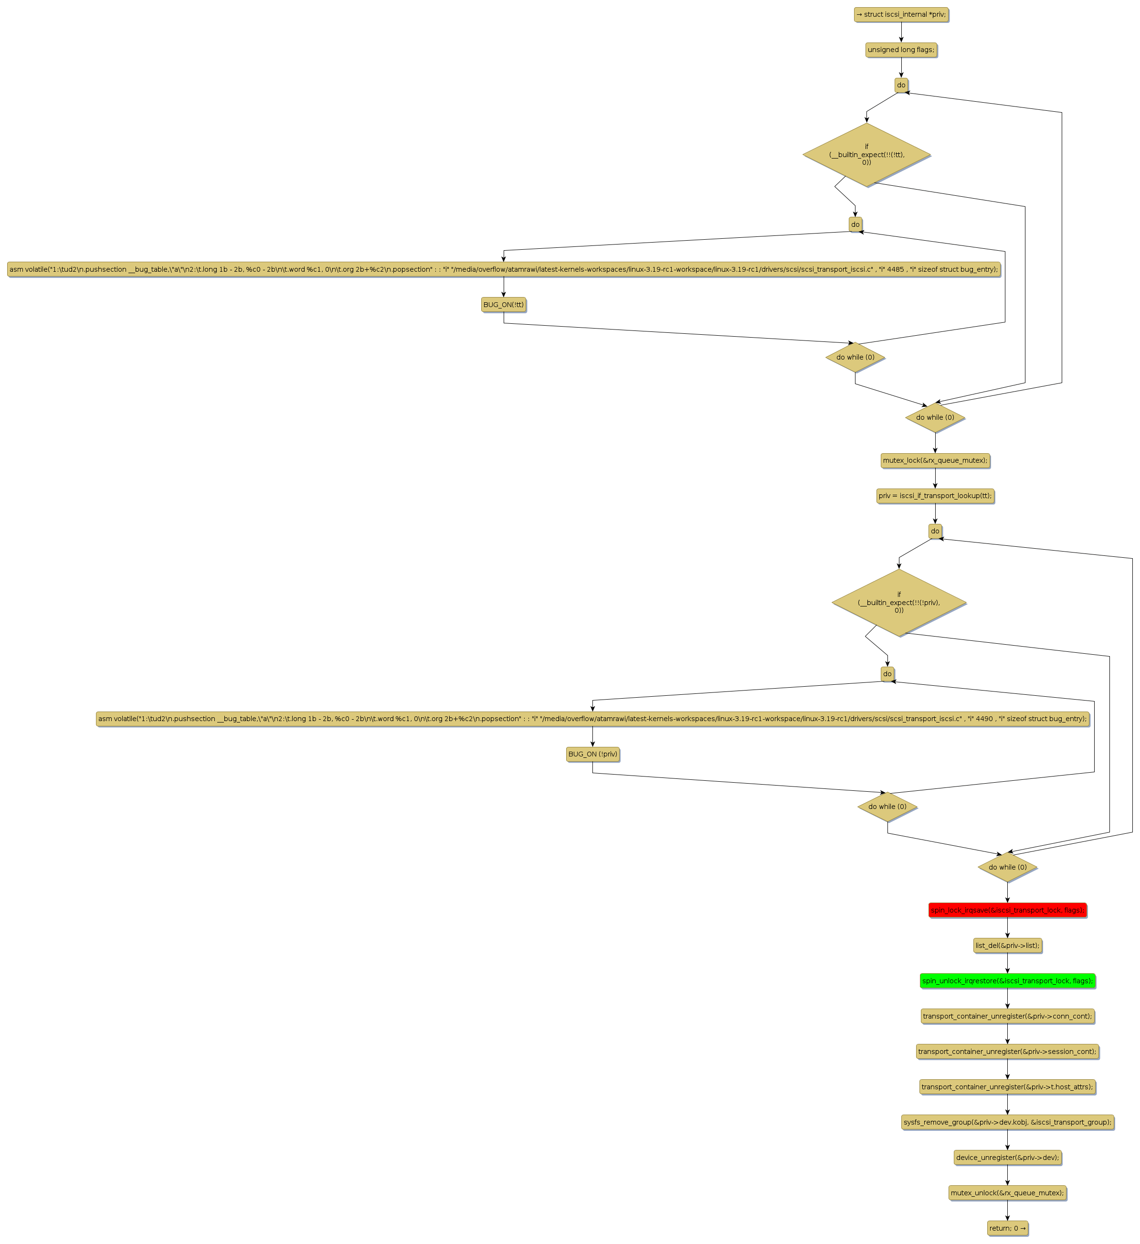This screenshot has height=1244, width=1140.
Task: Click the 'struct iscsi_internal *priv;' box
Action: pos(901,15)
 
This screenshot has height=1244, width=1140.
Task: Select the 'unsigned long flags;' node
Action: pos(901,50)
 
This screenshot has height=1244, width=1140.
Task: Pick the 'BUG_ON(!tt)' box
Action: pos(503,305)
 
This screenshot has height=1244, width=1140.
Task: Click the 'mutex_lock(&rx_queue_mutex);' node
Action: pos(935,460)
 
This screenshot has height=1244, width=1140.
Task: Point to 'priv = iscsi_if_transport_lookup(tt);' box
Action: pos(935,496)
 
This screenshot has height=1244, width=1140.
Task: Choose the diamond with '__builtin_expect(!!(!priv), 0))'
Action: pos(899,602)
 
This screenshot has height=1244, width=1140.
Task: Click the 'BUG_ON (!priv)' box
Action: pos(592,754)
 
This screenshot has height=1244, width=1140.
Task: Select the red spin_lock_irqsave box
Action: pos(1007,910)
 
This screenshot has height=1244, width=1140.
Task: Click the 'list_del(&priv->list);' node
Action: pos(1007,946)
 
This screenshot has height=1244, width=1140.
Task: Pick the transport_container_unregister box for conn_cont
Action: pos(1007,1016)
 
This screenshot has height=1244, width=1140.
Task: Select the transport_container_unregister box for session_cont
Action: pos(1007,1052)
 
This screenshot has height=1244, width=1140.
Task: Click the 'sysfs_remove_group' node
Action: pos(1007,1122)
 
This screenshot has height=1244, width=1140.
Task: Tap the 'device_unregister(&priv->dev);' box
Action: pos(1007,1158)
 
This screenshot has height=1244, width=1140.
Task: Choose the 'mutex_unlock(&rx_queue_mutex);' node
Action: pos(1007,1193)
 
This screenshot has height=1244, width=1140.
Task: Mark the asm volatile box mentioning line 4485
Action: pos(503,270)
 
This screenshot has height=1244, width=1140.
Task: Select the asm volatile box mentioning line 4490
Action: pos(592,719)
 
